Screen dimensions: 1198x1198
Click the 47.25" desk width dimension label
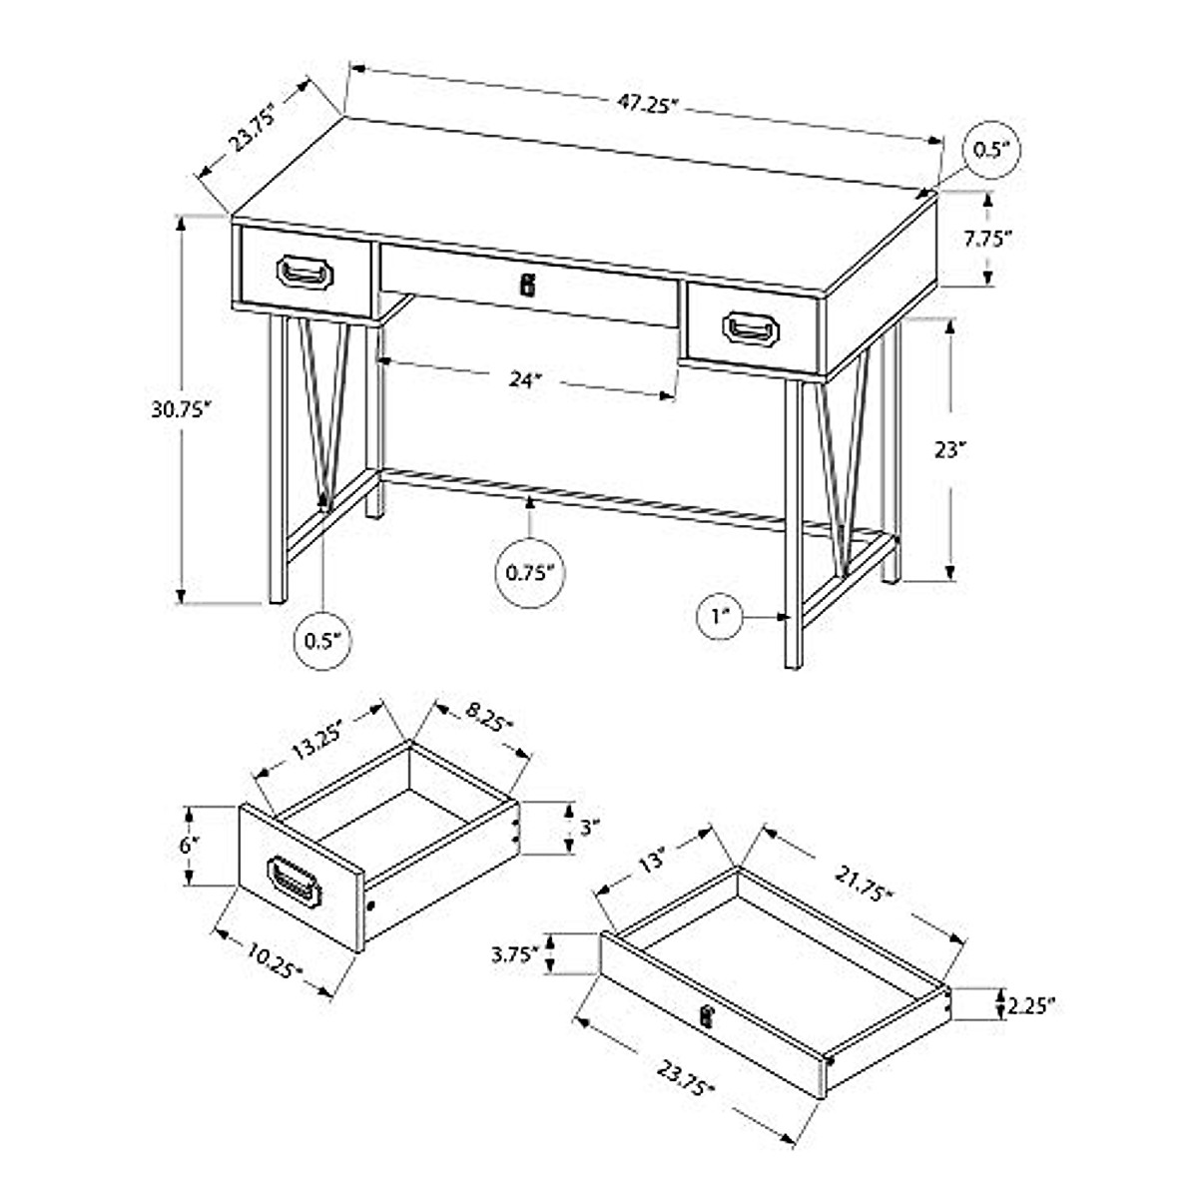646,104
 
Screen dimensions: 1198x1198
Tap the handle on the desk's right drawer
754,328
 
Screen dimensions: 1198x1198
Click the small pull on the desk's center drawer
528,285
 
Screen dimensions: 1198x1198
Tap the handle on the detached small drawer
294,883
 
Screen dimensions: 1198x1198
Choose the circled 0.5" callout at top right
992,150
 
